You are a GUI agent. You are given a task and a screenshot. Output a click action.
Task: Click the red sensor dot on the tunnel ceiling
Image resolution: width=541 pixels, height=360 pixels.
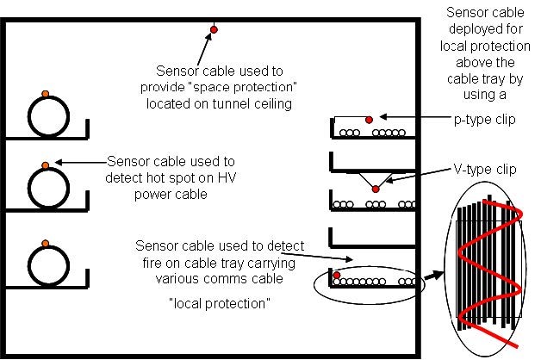point(214,30)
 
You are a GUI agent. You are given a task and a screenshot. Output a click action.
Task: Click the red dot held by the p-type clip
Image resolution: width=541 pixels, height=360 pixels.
point(369,119)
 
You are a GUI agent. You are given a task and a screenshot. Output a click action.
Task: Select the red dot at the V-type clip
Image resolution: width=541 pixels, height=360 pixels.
point(375,189)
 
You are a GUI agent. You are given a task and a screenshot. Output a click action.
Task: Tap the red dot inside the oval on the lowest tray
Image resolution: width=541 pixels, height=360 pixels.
point(337,276)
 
